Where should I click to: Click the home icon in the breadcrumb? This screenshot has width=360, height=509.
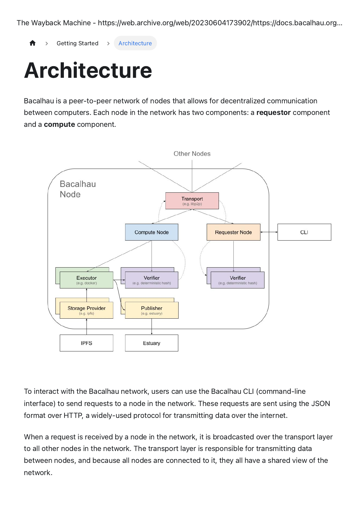coord(33,43)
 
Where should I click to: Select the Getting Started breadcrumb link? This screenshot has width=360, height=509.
coord(77,43)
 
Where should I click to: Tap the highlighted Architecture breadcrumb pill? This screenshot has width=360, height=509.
coord(135,43)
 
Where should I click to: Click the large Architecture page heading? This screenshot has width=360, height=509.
coord(88,71)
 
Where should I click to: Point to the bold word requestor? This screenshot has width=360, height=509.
coord(273,113)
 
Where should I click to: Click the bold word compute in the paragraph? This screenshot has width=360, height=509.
coord(59,124)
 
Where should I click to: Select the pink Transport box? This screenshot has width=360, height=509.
coord(192,201)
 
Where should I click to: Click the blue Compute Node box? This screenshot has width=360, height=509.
coord(152,232)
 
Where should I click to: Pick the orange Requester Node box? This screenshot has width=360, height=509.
coord(233,232)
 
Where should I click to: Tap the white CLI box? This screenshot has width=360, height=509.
coord(304,232)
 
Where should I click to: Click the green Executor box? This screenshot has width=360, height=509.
coord(87,280)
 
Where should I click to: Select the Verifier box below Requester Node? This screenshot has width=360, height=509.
coord(237,280)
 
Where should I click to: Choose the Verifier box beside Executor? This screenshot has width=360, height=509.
coord(152,280)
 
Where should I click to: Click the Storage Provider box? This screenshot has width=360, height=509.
coord(87,310)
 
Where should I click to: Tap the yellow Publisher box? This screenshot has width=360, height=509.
coord(152,310)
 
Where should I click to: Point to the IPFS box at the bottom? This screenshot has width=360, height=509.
coord(87,343)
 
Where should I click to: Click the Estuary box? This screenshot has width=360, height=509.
coord(152,343)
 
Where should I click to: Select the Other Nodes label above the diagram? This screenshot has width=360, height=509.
coord(192,154)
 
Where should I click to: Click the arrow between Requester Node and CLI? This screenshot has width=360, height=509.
coord(269,232)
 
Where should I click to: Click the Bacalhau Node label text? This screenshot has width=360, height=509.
coord(78,189)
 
